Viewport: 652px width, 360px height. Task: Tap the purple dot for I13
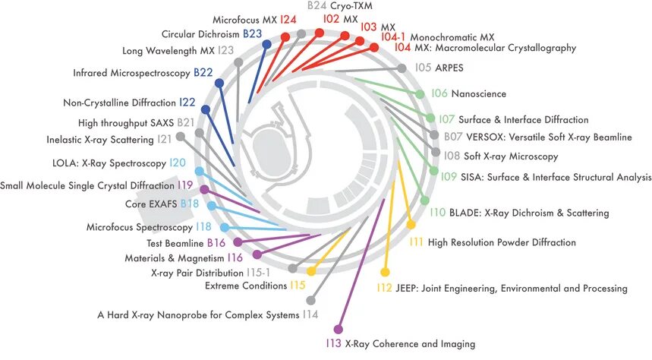338,330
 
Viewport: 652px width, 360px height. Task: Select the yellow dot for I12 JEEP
385,271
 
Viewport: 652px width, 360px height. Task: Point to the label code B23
252,34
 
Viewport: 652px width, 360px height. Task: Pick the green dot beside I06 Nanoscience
420,94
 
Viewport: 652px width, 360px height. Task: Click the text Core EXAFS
151,204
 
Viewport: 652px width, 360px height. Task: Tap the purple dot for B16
238,242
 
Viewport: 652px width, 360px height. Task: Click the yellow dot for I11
411,224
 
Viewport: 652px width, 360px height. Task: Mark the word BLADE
465,213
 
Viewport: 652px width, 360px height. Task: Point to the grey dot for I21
180,137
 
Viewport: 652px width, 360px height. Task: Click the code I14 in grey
310,314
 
